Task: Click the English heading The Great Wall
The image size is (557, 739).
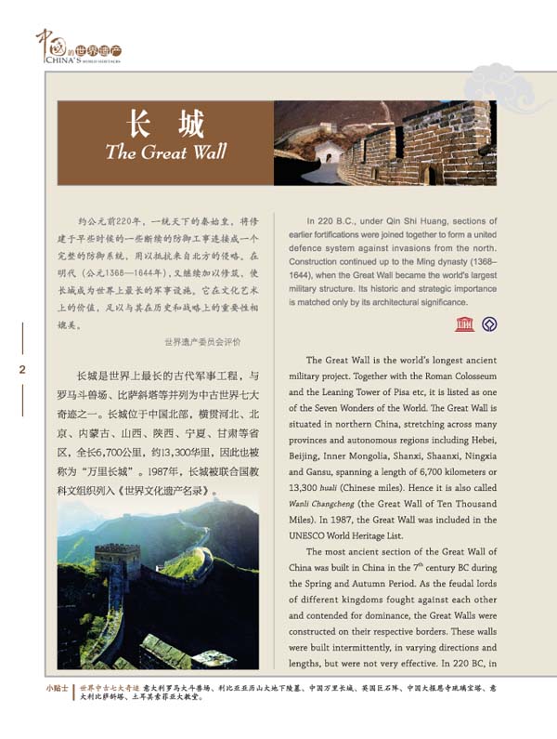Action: [x=159, y=152]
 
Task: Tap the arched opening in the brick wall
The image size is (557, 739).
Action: [x=428, y=174]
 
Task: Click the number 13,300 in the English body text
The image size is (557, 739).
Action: [x=308, y=487]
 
